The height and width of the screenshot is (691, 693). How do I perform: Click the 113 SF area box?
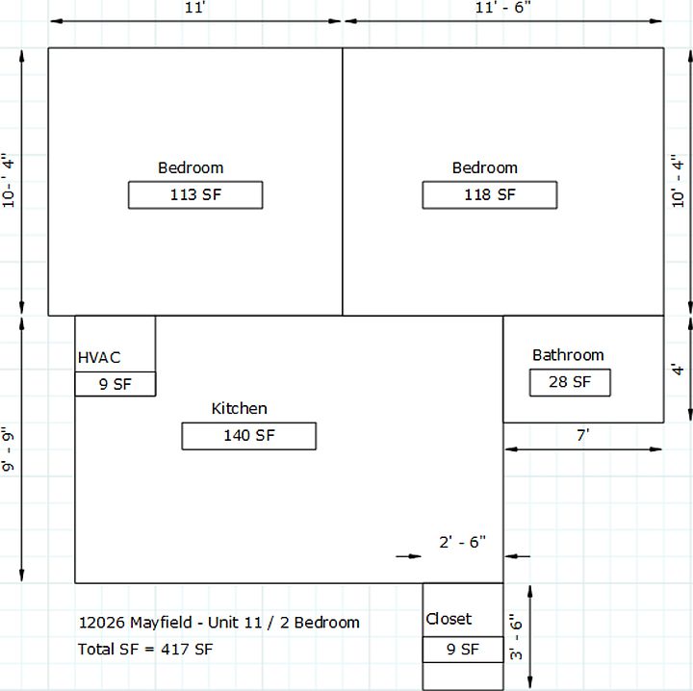click(195, 194)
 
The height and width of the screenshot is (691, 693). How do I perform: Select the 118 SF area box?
click(490, 194)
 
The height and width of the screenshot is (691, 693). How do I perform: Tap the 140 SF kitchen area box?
click(249, 436)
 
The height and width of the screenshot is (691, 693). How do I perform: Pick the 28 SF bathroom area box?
click(570, 383)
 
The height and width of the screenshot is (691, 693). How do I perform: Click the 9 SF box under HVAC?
click(115, 384)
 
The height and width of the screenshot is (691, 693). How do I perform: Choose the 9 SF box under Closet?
click(463, 650)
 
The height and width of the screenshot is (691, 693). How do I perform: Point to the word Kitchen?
click(239, 409)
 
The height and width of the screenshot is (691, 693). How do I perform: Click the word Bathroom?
click(568, 355)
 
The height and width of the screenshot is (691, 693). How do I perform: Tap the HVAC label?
click(99, 357)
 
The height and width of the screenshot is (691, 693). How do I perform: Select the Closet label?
click(449, 619)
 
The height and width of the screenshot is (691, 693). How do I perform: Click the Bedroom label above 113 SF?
click(191, 167)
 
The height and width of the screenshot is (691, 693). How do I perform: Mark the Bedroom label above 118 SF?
click(485, 167)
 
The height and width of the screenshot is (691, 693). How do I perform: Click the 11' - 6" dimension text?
click(503, 8)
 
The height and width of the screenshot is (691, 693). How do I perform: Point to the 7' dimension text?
click(583, 436)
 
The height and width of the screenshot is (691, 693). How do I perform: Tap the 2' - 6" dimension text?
click(462, 542)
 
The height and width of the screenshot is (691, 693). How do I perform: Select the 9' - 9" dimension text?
click(9, 448)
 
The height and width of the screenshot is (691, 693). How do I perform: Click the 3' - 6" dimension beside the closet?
click(516, 637)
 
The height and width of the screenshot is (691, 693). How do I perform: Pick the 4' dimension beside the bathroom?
click(678, 370)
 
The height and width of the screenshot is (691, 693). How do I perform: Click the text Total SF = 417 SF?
click(145, 650)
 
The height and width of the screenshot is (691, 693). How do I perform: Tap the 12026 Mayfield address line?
click(218, 623)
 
